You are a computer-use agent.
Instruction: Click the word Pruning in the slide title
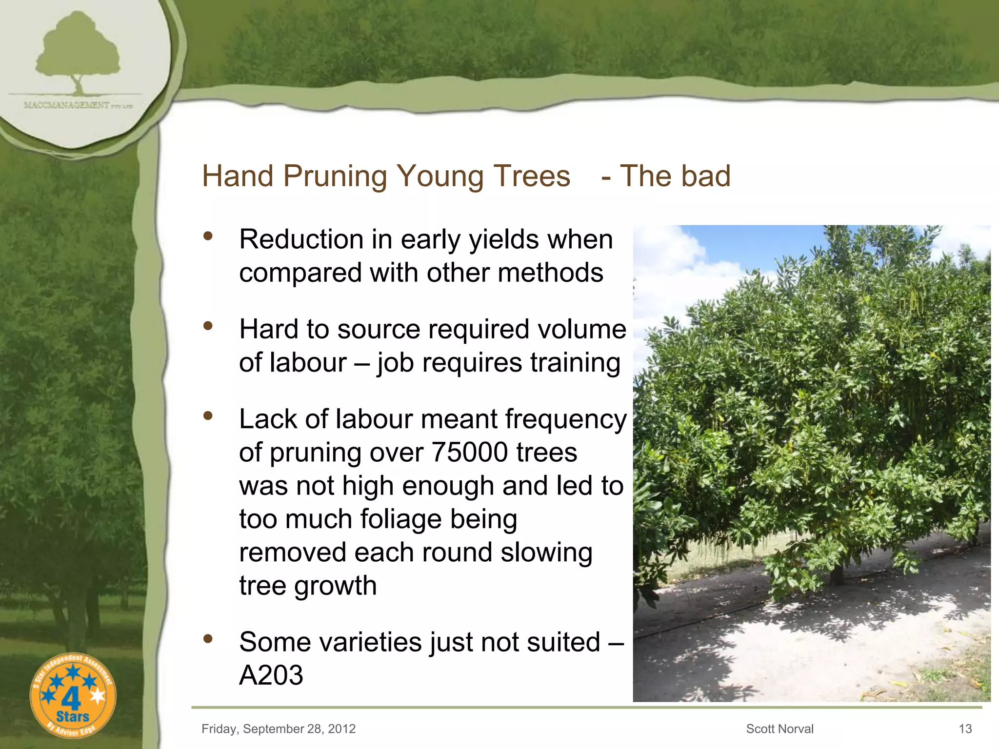pyautogui.click(x=335, y=176)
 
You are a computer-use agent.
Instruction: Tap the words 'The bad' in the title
pyautogui.click(x=675, y=176)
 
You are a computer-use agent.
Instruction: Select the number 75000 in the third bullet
pyautogui.click(x=469, y=453)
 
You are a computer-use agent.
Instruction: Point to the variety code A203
pyautogui.click(x=271, y=675)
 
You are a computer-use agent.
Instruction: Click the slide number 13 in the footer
pyautogui.click(x=965, y=729)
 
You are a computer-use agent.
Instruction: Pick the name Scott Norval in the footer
pyautogui.click(x=779, y=729)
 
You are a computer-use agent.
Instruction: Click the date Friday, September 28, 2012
pyautogui.click(x=279, y=729)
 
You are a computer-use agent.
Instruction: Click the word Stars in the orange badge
pyautogui.click(x=73, y=717)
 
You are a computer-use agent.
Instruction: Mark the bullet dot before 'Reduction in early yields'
pyautogui.click(x=208, y=236)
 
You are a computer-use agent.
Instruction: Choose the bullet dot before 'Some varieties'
pyautogui.click(x=208, y=638)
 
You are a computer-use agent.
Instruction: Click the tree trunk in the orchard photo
pyautogui.click(x=836, y=575)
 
